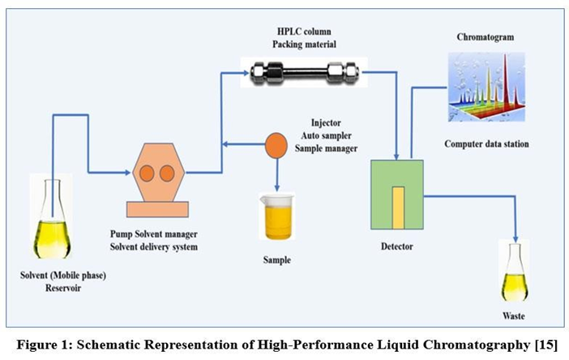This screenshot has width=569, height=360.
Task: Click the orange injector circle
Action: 276,145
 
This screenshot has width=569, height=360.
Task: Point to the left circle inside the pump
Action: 147,174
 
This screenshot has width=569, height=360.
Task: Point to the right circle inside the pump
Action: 167,174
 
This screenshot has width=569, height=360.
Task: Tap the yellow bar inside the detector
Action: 397,207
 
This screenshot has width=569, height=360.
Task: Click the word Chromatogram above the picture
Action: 486,38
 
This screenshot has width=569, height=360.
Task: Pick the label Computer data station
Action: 486,144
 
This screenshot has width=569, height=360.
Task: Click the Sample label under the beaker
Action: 276,260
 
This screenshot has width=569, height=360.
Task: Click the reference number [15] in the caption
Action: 546,345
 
